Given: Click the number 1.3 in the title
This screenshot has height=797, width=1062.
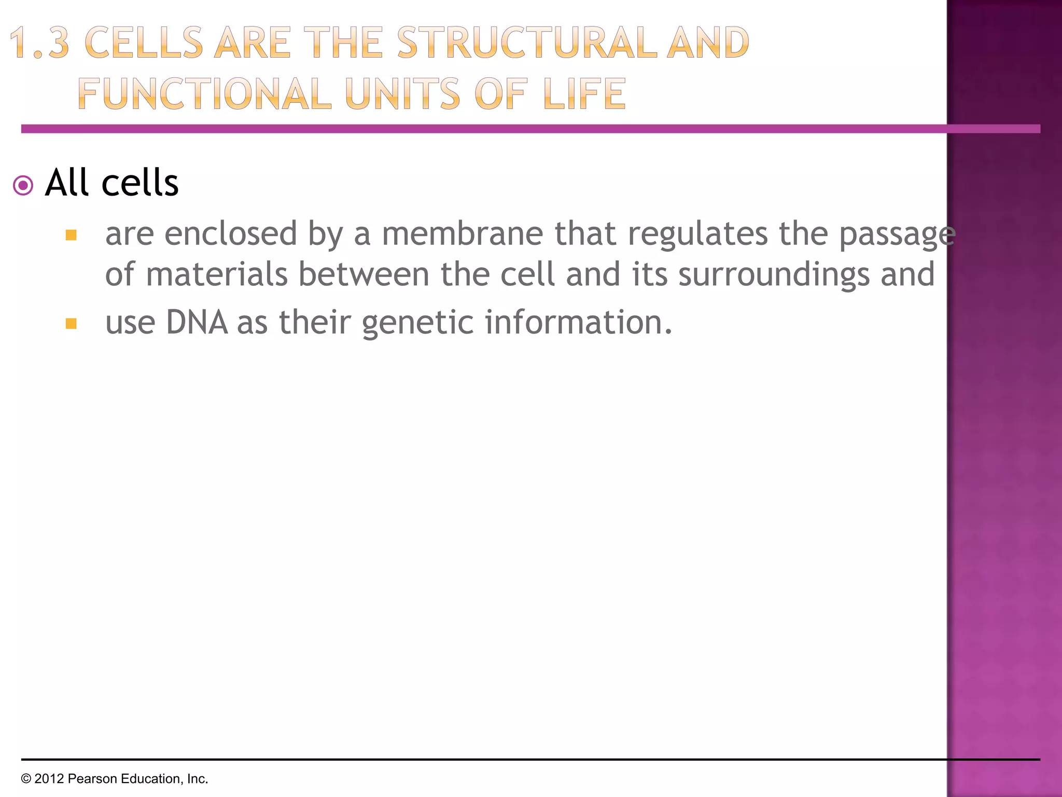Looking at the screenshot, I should [x=39, y=43].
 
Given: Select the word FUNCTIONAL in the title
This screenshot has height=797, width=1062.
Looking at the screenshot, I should [x=204, y=94].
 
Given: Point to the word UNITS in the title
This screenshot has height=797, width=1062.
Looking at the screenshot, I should [x=402, y=94].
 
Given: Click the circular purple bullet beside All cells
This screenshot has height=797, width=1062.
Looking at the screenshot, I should [x=23, y=185].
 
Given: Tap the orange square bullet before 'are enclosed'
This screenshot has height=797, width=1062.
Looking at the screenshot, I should [x=71, y=235].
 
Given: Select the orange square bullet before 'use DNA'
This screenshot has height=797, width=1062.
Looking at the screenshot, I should [x=71, y=324].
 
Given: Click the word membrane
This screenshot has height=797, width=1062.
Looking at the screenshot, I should [x=463, y=233].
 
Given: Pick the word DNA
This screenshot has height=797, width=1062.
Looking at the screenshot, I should [x=197, y=322].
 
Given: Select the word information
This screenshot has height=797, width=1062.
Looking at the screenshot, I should [x=578, y=322].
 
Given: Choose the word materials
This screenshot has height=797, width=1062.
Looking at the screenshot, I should [x=217, y=274].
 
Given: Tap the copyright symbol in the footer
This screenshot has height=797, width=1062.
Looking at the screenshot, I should [x=26, y=779].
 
